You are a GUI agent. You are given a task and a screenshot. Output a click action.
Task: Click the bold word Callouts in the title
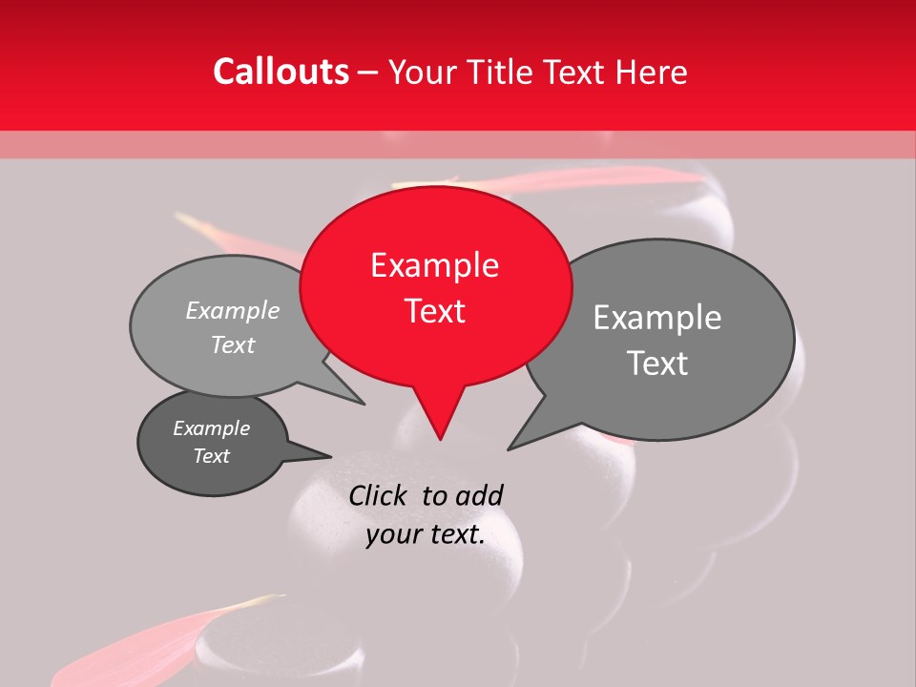[x=281, y=72]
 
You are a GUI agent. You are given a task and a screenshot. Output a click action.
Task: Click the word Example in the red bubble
[x=434, y=265]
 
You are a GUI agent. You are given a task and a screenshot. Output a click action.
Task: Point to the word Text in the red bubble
[x=434, y=311]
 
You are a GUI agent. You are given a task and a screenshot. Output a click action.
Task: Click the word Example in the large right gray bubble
[x=657, y=318]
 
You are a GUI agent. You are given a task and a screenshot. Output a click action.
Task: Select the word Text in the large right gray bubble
[x=657, y=364]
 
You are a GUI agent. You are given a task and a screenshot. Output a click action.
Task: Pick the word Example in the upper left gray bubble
[x=233, y=310]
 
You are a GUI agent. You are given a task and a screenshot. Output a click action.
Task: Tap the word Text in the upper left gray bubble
[x=233, y=344]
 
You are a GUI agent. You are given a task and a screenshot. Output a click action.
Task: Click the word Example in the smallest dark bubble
[x=211, y=428]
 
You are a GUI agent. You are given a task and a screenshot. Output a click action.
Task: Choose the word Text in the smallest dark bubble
[x=211, y=456]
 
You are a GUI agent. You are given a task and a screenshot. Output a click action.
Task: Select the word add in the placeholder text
[x=479, y=495]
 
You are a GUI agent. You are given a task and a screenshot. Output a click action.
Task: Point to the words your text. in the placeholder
[x=426, y=535]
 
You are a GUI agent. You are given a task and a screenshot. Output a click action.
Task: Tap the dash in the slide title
[x=369, y=73]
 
